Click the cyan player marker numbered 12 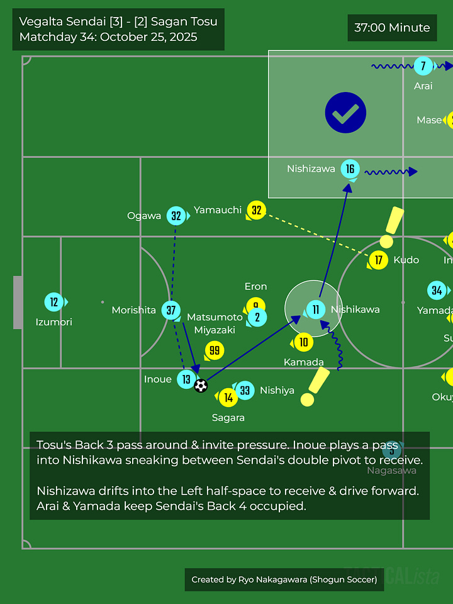pyautogui.click(x=54, y=302)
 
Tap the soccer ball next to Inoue pyautogui.click(x=201, y=385)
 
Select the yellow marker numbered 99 pyautogui.click(x=215, y=350)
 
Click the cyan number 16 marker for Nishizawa pyautogui.click(x=350, y=169)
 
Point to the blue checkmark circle pyautogui.click(x=345, y=113)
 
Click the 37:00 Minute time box pyautogui.click(x=392, y=28)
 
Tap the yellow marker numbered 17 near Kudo pyautogui.click(x=378, y=259)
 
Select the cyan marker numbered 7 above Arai pyautogui.click(x=423, y=65)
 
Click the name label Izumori pyautogui.click(x=54, y=322)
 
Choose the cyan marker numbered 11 pyautogui.click(x=315, y=309)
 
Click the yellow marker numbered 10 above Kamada pyautogui.click(x=303, y=342)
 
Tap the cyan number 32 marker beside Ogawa pyautogui.click(x=176, y=216)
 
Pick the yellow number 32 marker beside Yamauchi pyautogui.click(x=256, y=210)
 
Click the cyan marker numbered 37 pyautogui.click(x=171, y=310)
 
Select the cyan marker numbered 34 pyautogui.click(x=437, y=290)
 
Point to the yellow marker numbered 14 pyautogui.click(x=228, y=397)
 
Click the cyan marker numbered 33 pyautogui.click(x=245, y=391)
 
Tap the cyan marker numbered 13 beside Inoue pyautogui.click(x=186, y=379)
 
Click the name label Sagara pyautogui.click(x=228, y=417)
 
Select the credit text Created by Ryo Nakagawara pyautogui.click(x=284, y=579)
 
